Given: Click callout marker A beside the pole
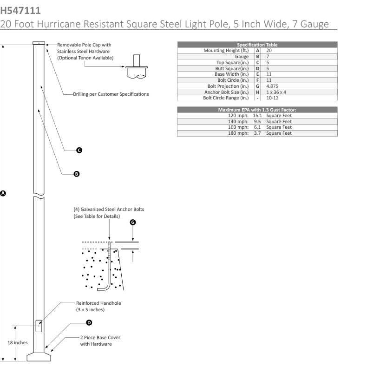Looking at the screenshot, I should [x=3, y=193].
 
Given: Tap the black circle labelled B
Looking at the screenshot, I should [x=77, y=174].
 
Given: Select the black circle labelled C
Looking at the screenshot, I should [x=79, y=150].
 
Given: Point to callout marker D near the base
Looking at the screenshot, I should [x=89, y=322].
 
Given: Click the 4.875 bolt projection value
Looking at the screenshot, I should [x=272, y=86].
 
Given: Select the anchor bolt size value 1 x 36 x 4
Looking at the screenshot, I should [x=276, y=92].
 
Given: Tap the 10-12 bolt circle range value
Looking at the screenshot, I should [x=272, y=98].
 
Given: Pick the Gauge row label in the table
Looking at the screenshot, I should [x=242, y=56].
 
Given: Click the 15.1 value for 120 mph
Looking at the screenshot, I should [x=258, y=115].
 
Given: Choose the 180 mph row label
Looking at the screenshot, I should [x=238, y=133].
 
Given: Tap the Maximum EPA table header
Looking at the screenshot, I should [x=257, y=110].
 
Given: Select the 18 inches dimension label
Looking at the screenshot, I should [x=18, y=342].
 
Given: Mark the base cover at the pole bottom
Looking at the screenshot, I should [x=39, y=356].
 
